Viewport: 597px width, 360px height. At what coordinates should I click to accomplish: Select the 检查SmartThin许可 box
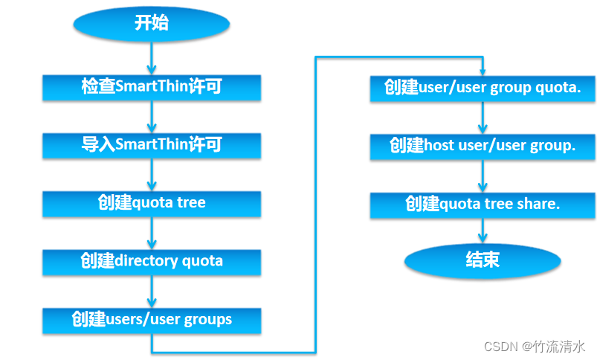click(152, 88)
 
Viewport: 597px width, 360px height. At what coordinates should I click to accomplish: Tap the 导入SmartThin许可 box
click(152, 145)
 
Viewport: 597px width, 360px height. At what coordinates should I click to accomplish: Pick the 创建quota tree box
click(152, 203)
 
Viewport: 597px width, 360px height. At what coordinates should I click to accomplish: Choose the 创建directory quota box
click(152, 261)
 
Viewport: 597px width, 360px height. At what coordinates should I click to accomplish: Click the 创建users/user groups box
click(152, 320)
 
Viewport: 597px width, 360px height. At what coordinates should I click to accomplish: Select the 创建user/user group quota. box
click(483, 88)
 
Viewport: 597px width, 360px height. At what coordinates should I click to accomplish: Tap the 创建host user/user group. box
click(483, 146)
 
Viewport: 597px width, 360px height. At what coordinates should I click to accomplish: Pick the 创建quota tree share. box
click(483, 204)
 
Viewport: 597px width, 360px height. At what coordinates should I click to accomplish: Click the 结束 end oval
click(483, 259)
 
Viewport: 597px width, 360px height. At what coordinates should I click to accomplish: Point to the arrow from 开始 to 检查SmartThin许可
click(152, 58)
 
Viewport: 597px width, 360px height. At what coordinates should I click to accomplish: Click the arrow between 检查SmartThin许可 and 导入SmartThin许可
click(152, 117)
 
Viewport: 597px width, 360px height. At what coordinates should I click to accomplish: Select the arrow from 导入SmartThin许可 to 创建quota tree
click(152, 175)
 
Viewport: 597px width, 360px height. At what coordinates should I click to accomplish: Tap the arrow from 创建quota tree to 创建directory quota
click(152, 233)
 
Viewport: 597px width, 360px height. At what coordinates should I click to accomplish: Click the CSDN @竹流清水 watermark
click(535, 347)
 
